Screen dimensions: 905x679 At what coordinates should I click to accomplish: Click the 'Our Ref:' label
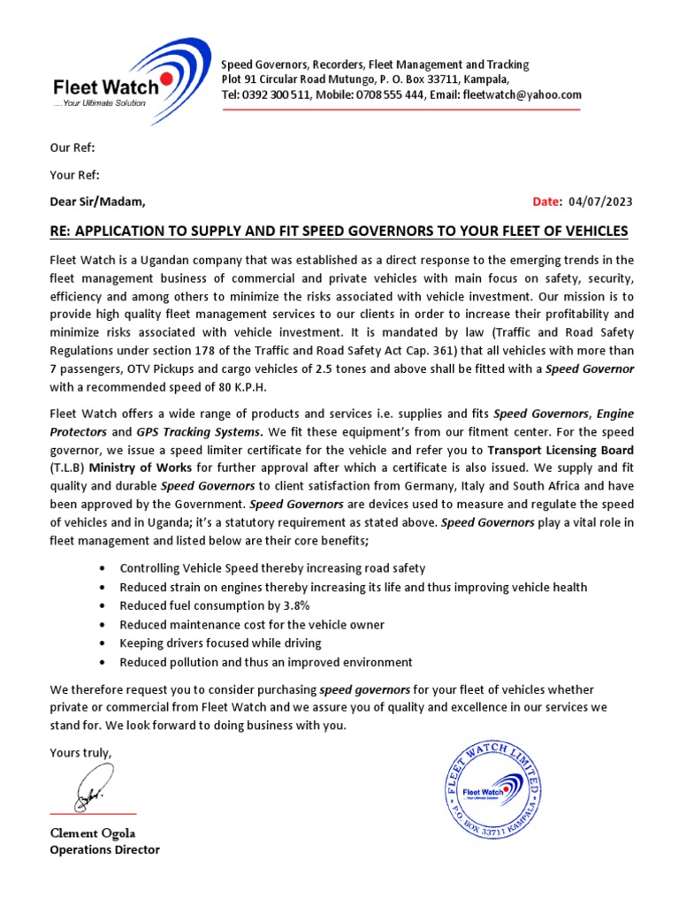point(72,147)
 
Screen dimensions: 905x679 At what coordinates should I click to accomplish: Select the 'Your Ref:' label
point(74,174)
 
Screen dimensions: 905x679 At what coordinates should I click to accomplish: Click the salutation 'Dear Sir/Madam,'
point(97,202)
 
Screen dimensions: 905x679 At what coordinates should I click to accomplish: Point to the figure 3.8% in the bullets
point(291,605)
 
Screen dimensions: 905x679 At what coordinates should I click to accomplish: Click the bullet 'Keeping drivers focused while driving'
point(220,643)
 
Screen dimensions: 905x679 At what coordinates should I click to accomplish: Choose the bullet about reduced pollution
point(266,662)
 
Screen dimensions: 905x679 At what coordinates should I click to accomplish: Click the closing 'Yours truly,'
point(81,753)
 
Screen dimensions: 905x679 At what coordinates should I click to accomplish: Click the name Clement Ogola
point(92,833)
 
